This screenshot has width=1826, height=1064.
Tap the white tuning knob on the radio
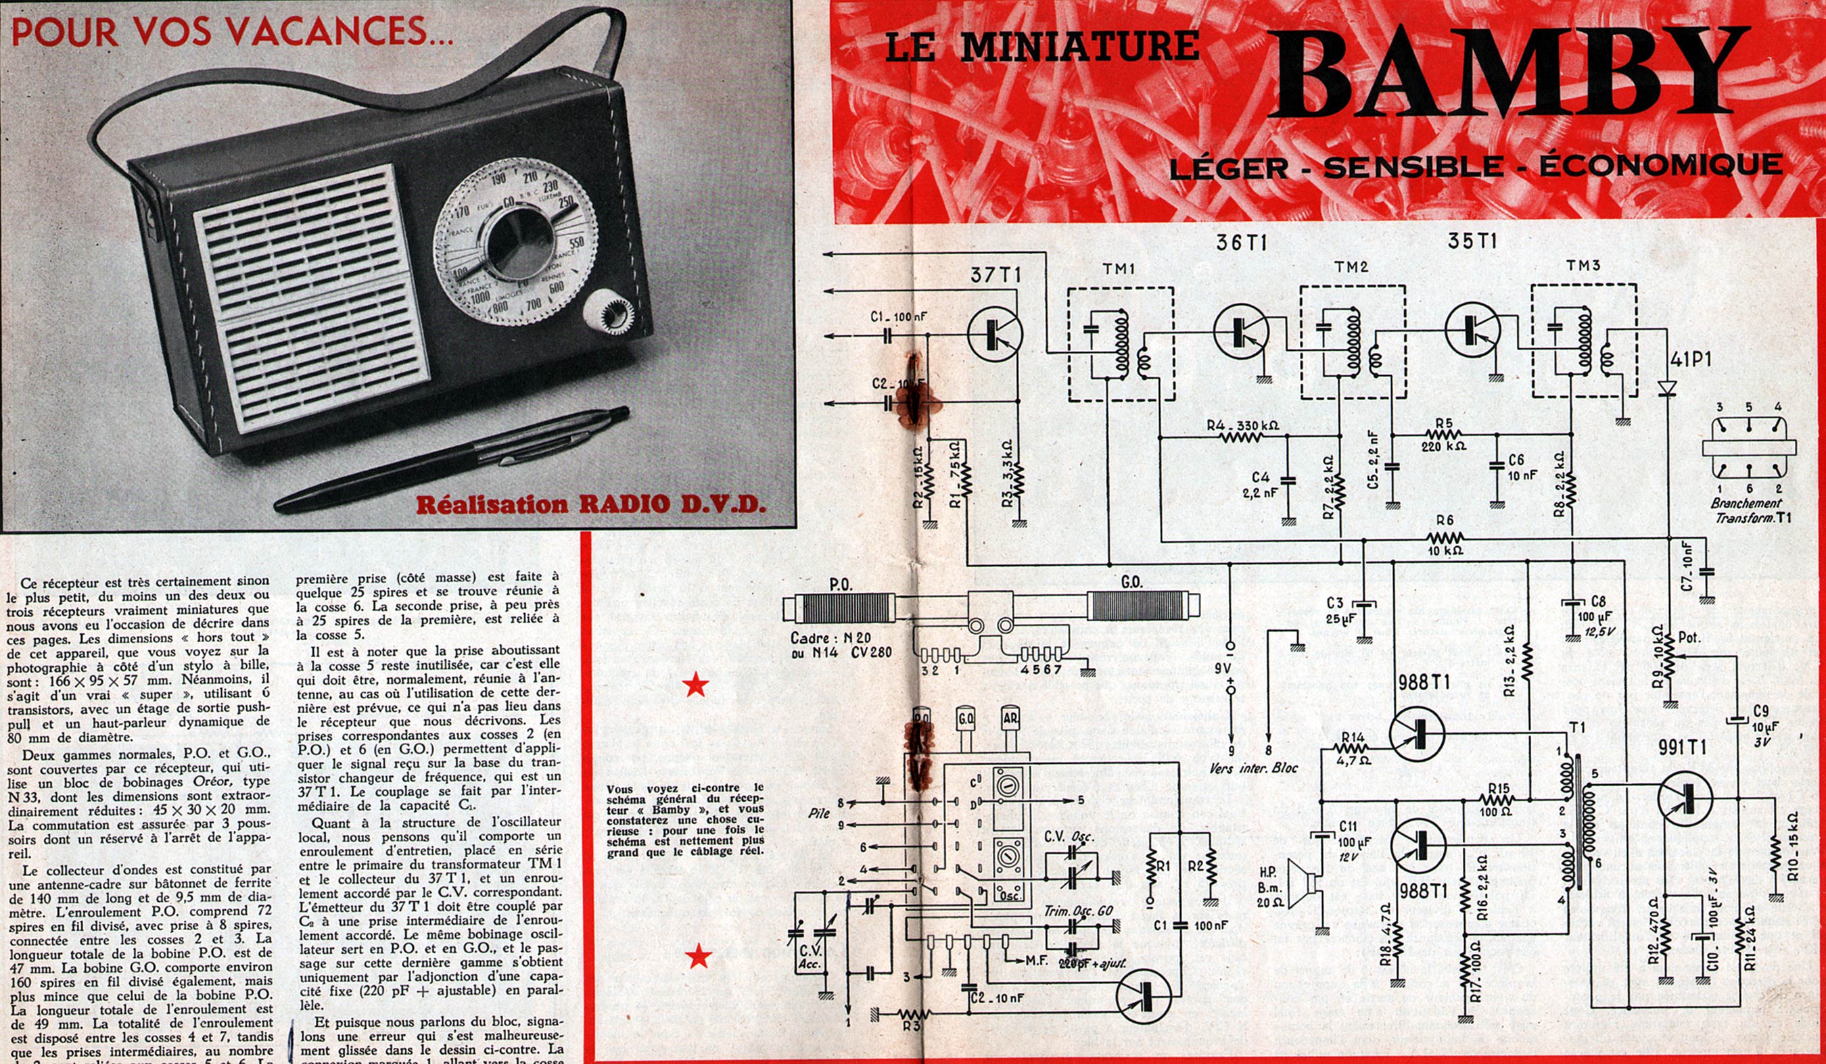click(609, 313)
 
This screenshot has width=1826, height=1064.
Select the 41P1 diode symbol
click(1667, 389)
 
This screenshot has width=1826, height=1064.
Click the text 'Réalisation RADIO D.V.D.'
click(591, 505)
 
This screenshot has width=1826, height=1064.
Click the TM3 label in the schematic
click(1583, 266)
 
